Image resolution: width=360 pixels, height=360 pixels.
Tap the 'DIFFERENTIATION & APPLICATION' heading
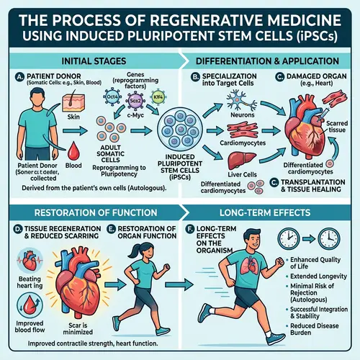point(270,61)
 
